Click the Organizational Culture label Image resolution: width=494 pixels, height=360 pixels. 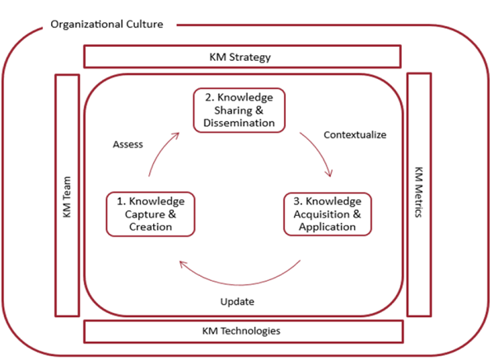click(x=106, y=24)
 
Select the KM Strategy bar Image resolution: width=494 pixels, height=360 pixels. click(x=242, y=57)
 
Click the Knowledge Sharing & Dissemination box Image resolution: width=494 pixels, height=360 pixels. click(x=240, y=110)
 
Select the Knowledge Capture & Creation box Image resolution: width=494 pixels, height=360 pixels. click(x=150, y=213)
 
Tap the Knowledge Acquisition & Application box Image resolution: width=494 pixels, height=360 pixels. click(x=328, y=213)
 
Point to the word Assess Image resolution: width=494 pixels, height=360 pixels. click(x=128, y=144)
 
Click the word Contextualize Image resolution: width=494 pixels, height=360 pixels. click(x=355, y=134)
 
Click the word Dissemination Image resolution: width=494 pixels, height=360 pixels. click(x=240, y=124)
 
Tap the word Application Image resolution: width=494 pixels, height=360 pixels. click(x=328, y=227)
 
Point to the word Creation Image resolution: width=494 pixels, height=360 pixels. click(x=150, y=227)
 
